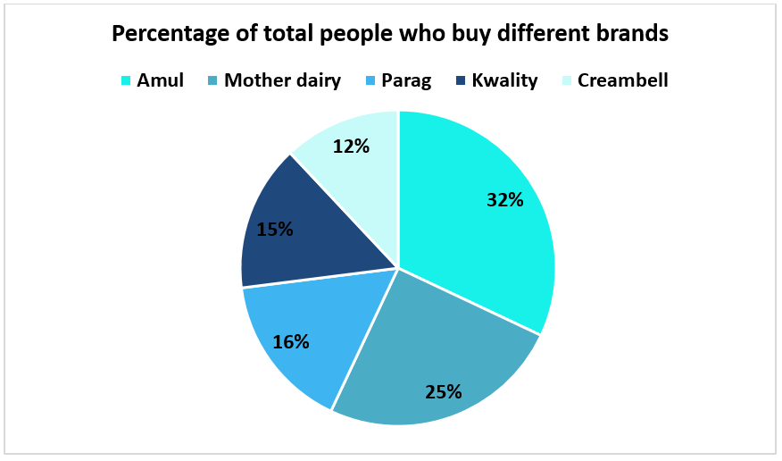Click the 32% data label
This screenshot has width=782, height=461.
coord(504,200)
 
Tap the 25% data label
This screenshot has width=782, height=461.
coord(444,392)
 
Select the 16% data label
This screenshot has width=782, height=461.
coord(291,342)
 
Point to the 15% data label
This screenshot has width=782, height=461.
coord(275,229)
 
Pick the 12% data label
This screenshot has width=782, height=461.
coord(351,147)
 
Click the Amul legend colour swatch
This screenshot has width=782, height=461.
coord(126,80)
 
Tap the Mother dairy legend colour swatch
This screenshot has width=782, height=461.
coord(213,80)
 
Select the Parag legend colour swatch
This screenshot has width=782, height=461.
coord(370,80)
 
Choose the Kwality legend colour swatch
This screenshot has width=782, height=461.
coord(461,80)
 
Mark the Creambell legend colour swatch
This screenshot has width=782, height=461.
coord(567,80)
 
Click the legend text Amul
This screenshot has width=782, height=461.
coord(160,80)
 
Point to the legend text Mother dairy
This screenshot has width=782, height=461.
coord(282,80)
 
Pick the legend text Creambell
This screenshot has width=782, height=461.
coord(623,80)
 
